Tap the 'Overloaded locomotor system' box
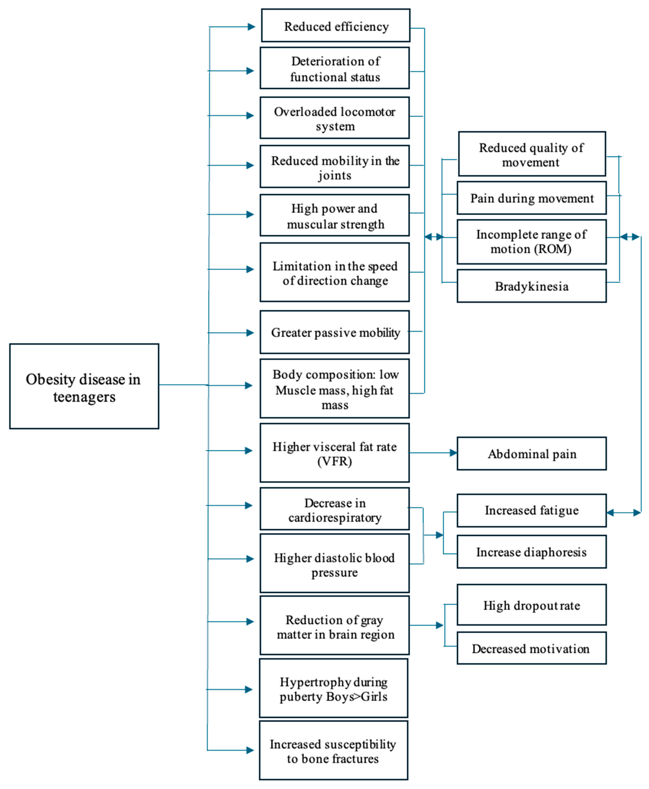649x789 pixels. [x=335, y=118]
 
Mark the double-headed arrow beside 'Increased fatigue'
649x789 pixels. [x=624, y=513]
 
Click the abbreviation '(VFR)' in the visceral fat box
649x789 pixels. [x=335, y=461]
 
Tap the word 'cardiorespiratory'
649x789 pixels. [x=335, y=518]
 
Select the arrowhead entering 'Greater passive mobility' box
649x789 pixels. [x=250, y=333]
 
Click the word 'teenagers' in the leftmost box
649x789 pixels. [x=84, y=397]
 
